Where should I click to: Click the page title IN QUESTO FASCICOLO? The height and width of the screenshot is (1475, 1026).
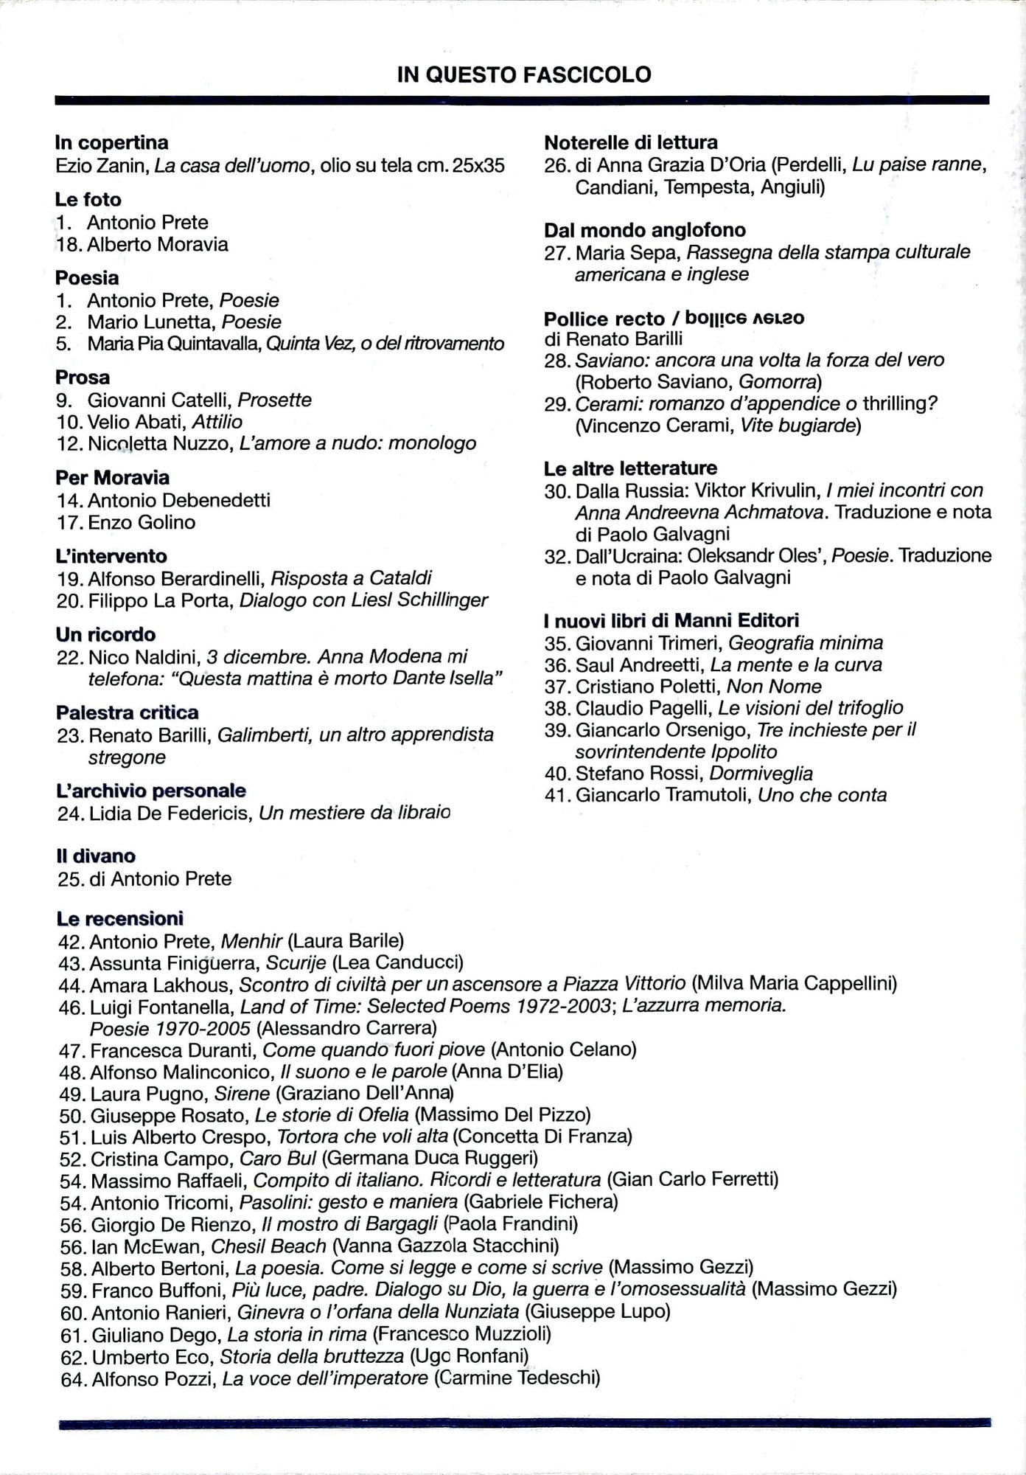[x=523, y=74]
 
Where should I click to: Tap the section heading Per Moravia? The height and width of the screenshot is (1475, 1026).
[x=112, y=477]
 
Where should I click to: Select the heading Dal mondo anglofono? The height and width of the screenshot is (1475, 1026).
[x=644, y=230]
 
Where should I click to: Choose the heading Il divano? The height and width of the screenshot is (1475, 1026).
[x=96, y=855]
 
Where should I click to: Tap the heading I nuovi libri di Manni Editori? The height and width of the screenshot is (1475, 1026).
[x=671, y=620]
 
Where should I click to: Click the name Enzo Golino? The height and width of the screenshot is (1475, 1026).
[x=142, y=522]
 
